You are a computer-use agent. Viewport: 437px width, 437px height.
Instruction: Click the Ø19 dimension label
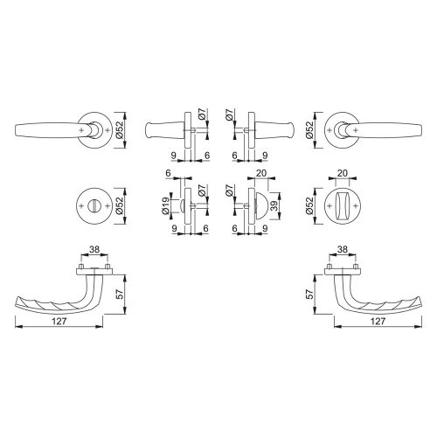click(166, 206)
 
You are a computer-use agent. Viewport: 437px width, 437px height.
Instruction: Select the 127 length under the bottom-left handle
click(59, 321)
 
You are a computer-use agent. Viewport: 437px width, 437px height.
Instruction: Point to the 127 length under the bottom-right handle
click(378, 321)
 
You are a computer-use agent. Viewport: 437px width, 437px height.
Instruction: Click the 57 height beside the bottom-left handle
click(121, 294)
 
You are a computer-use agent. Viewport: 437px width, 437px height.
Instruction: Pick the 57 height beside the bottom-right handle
click(310, 294)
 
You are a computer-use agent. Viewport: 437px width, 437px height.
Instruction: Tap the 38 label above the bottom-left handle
click(94, 250)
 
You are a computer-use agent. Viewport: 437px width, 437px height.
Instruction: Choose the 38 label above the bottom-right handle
click(343, 250)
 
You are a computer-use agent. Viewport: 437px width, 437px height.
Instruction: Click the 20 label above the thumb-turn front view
click(343, 173)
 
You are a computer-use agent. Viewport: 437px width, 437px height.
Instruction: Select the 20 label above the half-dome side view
click(260, 173)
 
